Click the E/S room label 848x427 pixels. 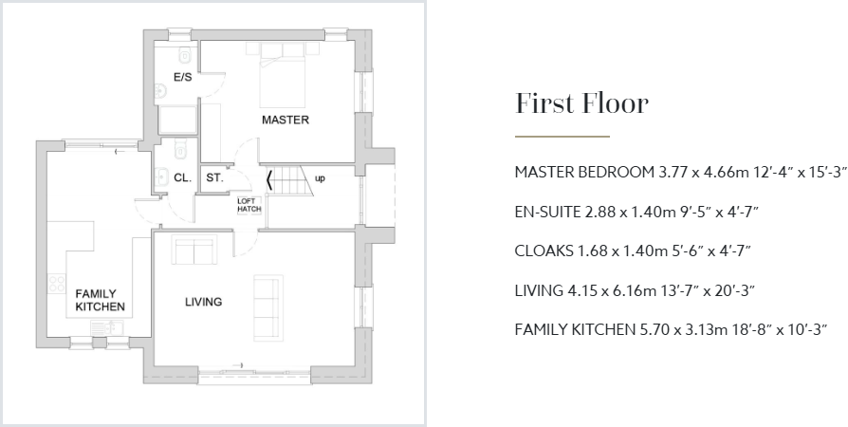coord(182,77)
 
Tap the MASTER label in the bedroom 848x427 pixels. coord(286,121)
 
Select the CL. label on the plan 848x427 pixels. coord(182,177)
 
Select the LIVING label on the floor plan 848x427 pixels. coord(203,303)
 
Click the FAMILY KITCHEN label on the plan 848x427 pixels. coord(101,301)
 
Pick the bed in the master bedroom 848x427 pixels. coord(282,76)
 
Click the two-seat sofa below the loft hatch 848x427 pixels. coord(194,251)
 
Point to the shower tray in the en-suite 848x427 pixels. coord(177,121)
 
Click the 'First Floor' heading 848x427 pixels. coord(581,103)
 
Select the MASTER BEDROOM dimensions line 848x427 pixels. coord(679,172)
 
